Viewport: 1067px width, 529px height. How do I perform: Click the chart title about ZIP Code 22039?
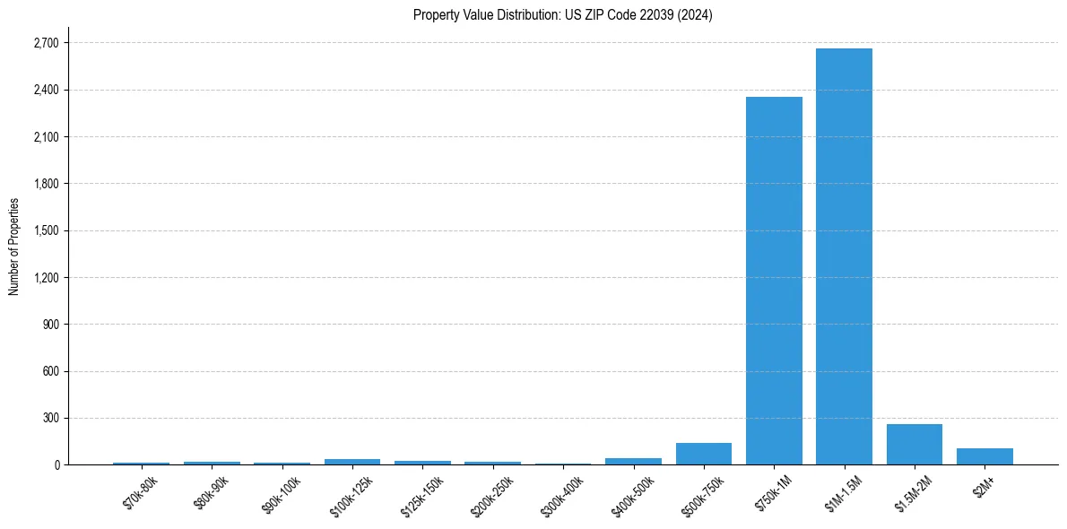pyautogui.click(x=562, y=14)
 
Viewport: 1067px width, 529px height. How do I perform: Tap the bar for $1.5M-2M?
pyautogui.click(x=914, y=445)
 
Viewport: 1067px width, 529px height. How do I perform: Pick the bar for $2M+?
pyautogui.click(x=985, y=456)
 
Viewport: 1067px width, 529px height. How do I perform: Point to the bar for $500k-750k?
pyautogui.click(x=704, y=454)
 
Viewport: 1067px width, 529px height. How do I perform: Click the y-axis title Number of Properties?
pyautogui.click(x=14, y=247)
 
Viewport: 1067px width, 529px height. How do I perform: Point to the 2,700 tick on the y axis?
pyautogui.click(x=46, y=43)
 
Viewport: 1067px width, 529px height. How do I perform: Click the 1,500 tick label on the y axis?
pyautogui.click(x=46, y=230)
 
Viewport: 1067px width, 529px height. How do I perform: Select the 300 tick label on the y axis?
pyautogui.click(x=50, y=418)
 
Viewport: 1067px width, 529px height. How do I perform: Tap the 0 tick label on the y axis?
pyautogui.click(x=56, y=464)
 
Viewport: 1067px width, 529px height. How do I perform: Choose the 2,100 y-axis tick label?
pyautogui.click(x=46, y=137)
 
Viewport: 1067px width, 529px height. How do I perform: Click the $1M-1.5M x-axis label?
pyautogui.click(x=844, y=493)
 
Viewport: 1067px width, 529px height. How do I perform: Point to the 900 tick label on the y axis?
pyautogui.click(x=50, y=324)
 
